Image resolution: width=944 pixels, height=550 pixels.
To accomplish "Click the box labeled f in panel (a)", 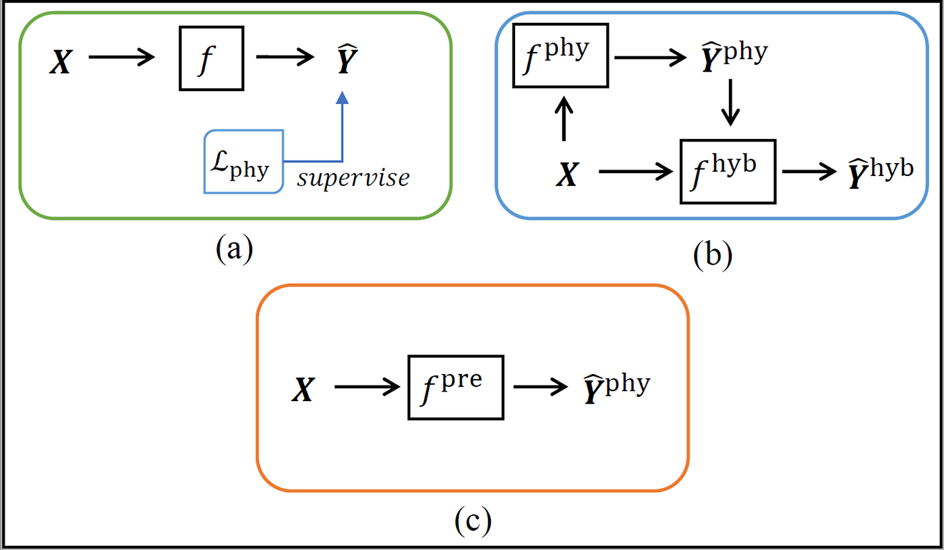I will (211, 58).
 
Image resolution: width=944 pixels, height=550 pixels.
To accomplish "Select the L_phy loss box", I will (244, 162).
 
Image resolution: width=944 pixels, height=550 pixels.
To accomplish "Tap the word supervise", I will (353, 178).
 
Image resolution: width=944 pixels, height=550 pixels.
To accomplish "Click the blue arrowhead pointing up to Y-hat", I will (343, 98).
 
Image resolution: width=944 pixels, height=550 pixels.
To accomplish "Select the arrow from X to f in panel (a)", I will (122, 58).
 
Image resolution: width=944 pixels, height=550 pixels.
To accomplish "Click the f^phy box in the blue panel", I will (561, 55).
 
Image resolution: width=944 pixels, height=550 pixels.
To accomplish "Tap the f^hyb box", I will (728, 171).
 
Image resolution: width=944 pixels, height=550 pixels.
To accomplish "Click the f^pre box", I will (456, 388).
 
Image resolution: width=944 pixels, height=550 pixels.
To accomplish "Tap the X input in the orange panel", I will (304, 390).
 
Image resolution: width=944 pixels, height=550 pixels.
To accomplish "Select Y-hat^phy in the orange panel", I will (616, 389).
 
